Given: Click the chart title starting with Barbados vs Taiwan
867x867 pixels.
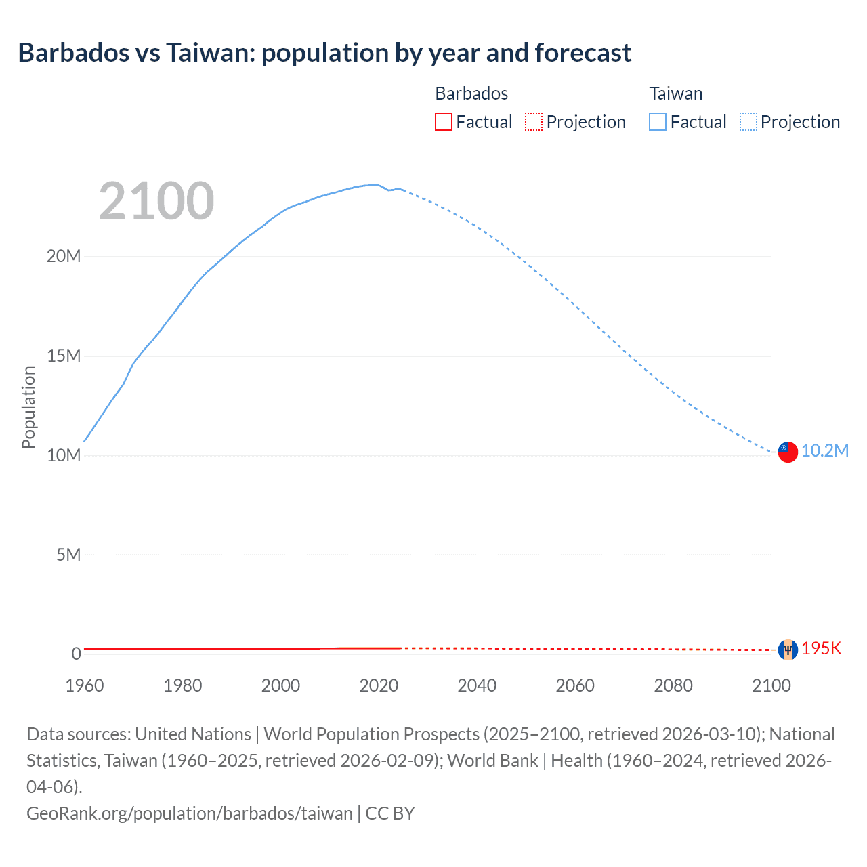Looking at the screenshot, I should (324, 53).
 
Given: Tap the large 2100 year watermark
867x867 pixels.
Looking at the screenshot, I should (156, 201).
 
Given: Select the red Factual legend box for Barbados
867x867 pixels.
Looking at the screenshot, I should (443, 122).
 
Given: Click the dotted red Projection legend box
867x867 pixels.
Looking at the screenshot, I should (534, 122).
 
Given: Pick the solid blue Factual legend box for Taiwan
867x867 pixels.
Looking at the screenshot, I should (657, 122).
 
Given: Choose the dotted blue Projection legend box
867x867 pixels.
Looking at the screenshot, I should (748, 122).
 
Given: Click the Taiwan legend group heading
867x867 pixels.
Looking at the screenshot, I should (675, 93).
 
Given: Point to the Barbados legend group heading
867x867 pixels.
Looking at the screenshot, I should (471, 93).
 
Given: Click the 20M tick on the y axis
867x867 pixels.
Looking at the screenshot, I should (64, 256).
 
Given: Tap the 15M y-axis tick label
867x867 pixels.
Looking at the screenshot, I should (64, 356).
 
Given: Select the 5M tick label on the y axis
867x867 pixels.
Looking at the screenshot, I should (68, 555).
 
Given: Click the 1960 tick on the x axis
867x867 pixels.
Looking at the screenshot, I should (85, 685).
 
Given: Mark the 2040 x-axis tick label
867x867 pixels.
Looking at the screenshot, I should (477, 685).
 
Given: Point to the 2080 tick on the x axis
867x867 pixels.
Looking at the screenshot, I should (673, 685).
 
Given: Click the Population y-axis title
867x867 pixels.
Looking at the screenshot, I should (28, 407).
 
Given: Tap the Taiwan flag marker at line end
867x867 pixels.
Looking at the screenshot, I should (788, 451).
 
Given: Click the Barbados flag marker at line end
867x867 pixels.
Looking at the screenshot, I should (788, 650).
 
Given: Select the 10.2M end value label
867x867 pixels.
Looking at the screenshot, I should (824, 451).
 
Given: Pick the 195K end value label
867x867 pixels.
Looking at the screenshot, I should (821, 649).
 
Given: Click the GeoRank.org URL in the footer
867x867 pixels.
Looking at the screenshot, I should (190, 813).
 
